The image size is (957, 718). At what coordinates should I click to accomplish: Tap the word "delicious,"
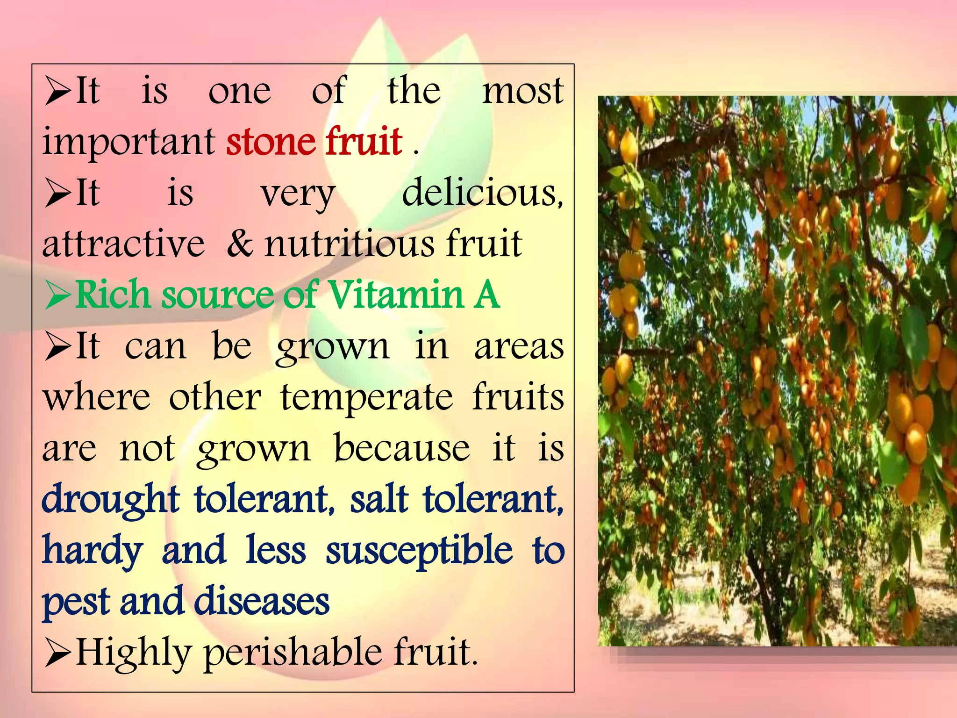[482, 193]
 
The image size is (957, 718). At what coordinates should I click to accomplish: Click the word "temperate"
[366, 397]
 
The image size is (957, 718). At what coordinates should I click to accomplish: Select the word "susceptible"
[419, 551]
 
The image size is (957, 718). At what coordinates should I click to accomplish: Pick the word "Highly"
[134, 653]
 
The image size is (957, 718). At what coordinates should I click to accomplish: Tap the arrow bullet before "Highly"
[58, 653]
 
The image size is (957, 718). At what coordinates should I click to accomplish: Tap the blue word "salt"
[379, 499]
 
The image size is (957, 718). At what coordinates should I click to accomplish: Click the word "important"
[129, 142]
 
